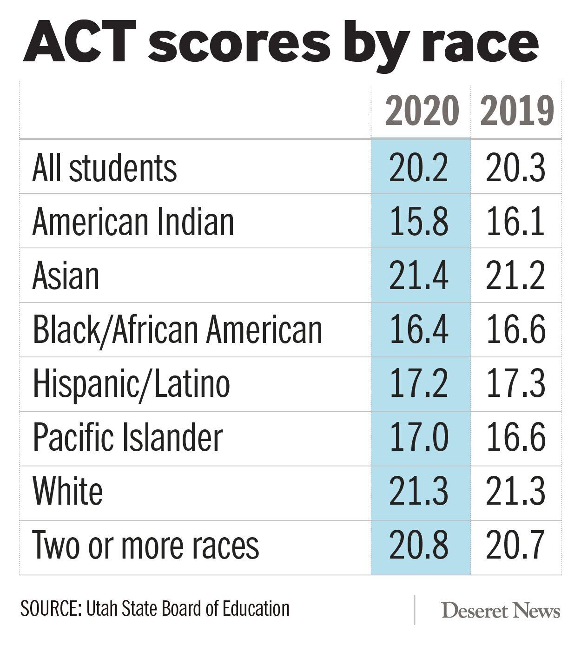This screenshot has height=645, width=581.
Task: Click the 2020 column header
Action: click(x=422, y=111)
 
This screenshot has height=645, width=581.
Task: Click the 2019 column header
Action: click(x=517, y=111)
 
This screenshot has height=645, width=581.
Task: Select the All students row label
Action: click(x=105, y=168)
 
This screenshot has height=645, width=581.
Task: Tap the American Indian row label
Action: click(x=133, y=222)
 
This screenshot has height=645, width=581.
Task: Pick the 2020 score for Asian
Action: click(x=419, y=276)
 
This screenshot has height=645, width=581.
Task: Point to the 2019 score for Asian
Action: click(x=515, y=276)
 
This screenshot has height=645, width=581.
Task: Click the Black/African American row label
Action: click(x=177, y=330)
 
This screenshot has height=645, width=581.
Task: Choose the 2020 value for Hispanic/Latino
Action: click(x=419, y=384)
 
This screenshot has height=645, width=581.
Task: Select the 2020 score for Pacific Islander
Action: click(x=419, y=438)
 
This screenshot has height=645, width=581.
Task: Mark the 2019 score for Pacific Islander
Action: click(x=515, y=438)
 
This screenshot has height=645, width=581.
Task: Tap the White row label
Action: click(x=68, y=492)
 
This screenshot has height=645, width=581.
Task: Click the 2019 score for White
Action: click(x=515, y=492)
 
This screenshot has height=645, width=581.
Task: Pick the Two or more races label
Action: click(x=145, y=546)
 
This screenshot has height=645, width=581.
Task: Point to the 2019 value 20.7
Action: click(x=515, y=546)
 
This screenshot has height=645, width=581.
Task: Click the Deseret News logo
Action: click(x=501, y=611)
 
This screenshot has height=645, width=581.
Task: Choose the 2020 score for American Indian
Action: click(x=419, y=222)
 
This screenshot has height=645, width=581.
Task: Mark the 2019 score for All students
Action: click(x=515, y=168)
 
